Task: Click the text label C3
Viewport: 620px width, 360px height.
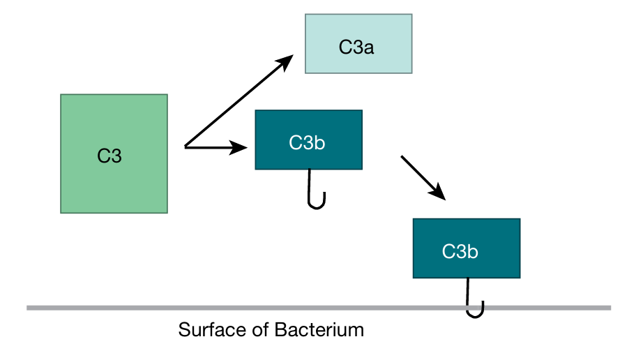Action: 109,156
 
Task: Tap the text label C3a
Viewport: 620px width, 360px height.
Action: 358,47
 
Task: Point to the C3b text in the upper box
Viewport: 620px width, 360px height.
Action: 307,143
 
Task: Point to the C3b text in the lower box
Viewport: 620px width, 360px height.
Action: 460,252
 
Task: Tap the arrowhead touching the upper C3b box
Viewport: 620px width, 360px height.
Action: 240,147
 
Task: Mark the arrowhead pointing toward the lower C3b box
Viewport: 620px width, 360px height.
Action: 437,193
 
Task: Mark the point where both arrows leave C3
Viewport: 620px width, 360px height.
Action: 185,147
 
